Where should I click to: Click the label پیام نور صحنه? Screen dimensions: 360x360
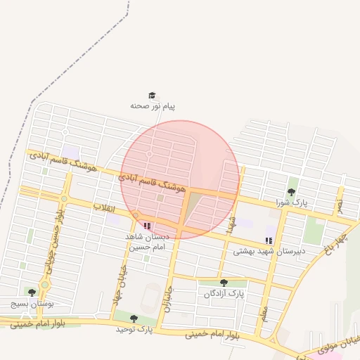pos(153,106)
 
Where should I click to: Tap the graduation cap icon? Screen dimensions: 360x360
pos(151,95)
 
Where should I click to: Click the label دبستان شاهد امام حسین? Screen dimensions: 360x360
pos(145,242)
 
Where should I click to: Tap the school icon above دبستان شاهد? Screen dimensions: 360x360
pos(147,226)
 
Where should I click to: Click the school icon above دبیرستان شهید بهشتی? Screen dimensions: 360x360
pos(269,240)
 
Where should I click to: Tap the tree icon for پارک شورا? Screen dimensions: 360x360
pos(291,192)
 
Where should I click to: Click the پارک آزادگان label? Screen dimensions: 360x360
pos(223,294)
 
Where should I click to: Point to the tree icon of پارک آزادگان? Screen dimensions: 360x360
pos(224,283)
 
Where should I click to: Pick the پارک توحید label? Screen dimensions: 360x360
pos(134,329)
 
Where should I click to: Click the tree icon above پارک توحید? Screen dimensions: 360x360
pos(134,319)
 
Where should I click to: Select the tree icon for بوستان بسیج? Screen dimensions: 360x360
pos(31,292)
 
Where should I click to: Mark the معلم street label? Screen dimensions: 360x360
pos(264,309)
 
